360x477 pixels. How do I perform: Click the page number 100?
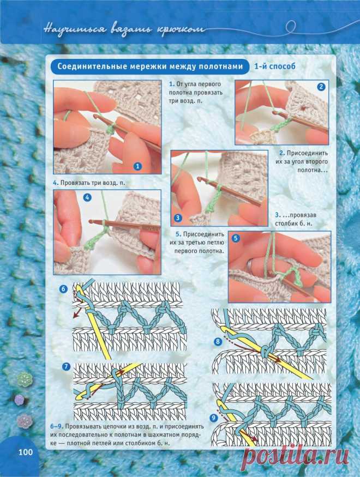click(26, 452)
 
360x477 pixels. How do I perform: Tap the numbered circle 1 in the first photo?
click(137, 166)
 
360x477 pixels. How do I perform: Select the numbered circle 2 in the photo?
click(321, 87)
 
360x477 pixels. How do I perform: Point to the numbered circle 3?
click(178, 218)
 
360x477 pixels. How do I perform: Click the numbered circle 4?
click(87, 197)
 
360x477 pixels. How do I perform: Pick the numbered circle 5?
click(236, 238)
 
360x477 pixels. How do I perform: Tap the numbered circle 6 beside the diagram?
click(63, 288)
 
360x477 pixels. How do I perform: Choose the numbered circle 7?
click(66, 367)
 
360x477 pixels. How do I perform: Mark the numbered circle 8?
click(218, 342)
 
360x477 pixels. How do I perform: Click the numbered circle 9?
click(213, 418)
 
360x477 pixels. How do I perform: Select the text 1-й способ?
click(275, 66)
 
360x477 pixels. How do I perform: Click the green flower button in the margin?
click(25, 379)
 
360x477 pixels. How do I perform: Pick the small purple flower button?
click(19, 399)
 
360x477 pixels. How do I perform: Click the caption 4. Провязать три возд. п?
click(89, 183)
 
